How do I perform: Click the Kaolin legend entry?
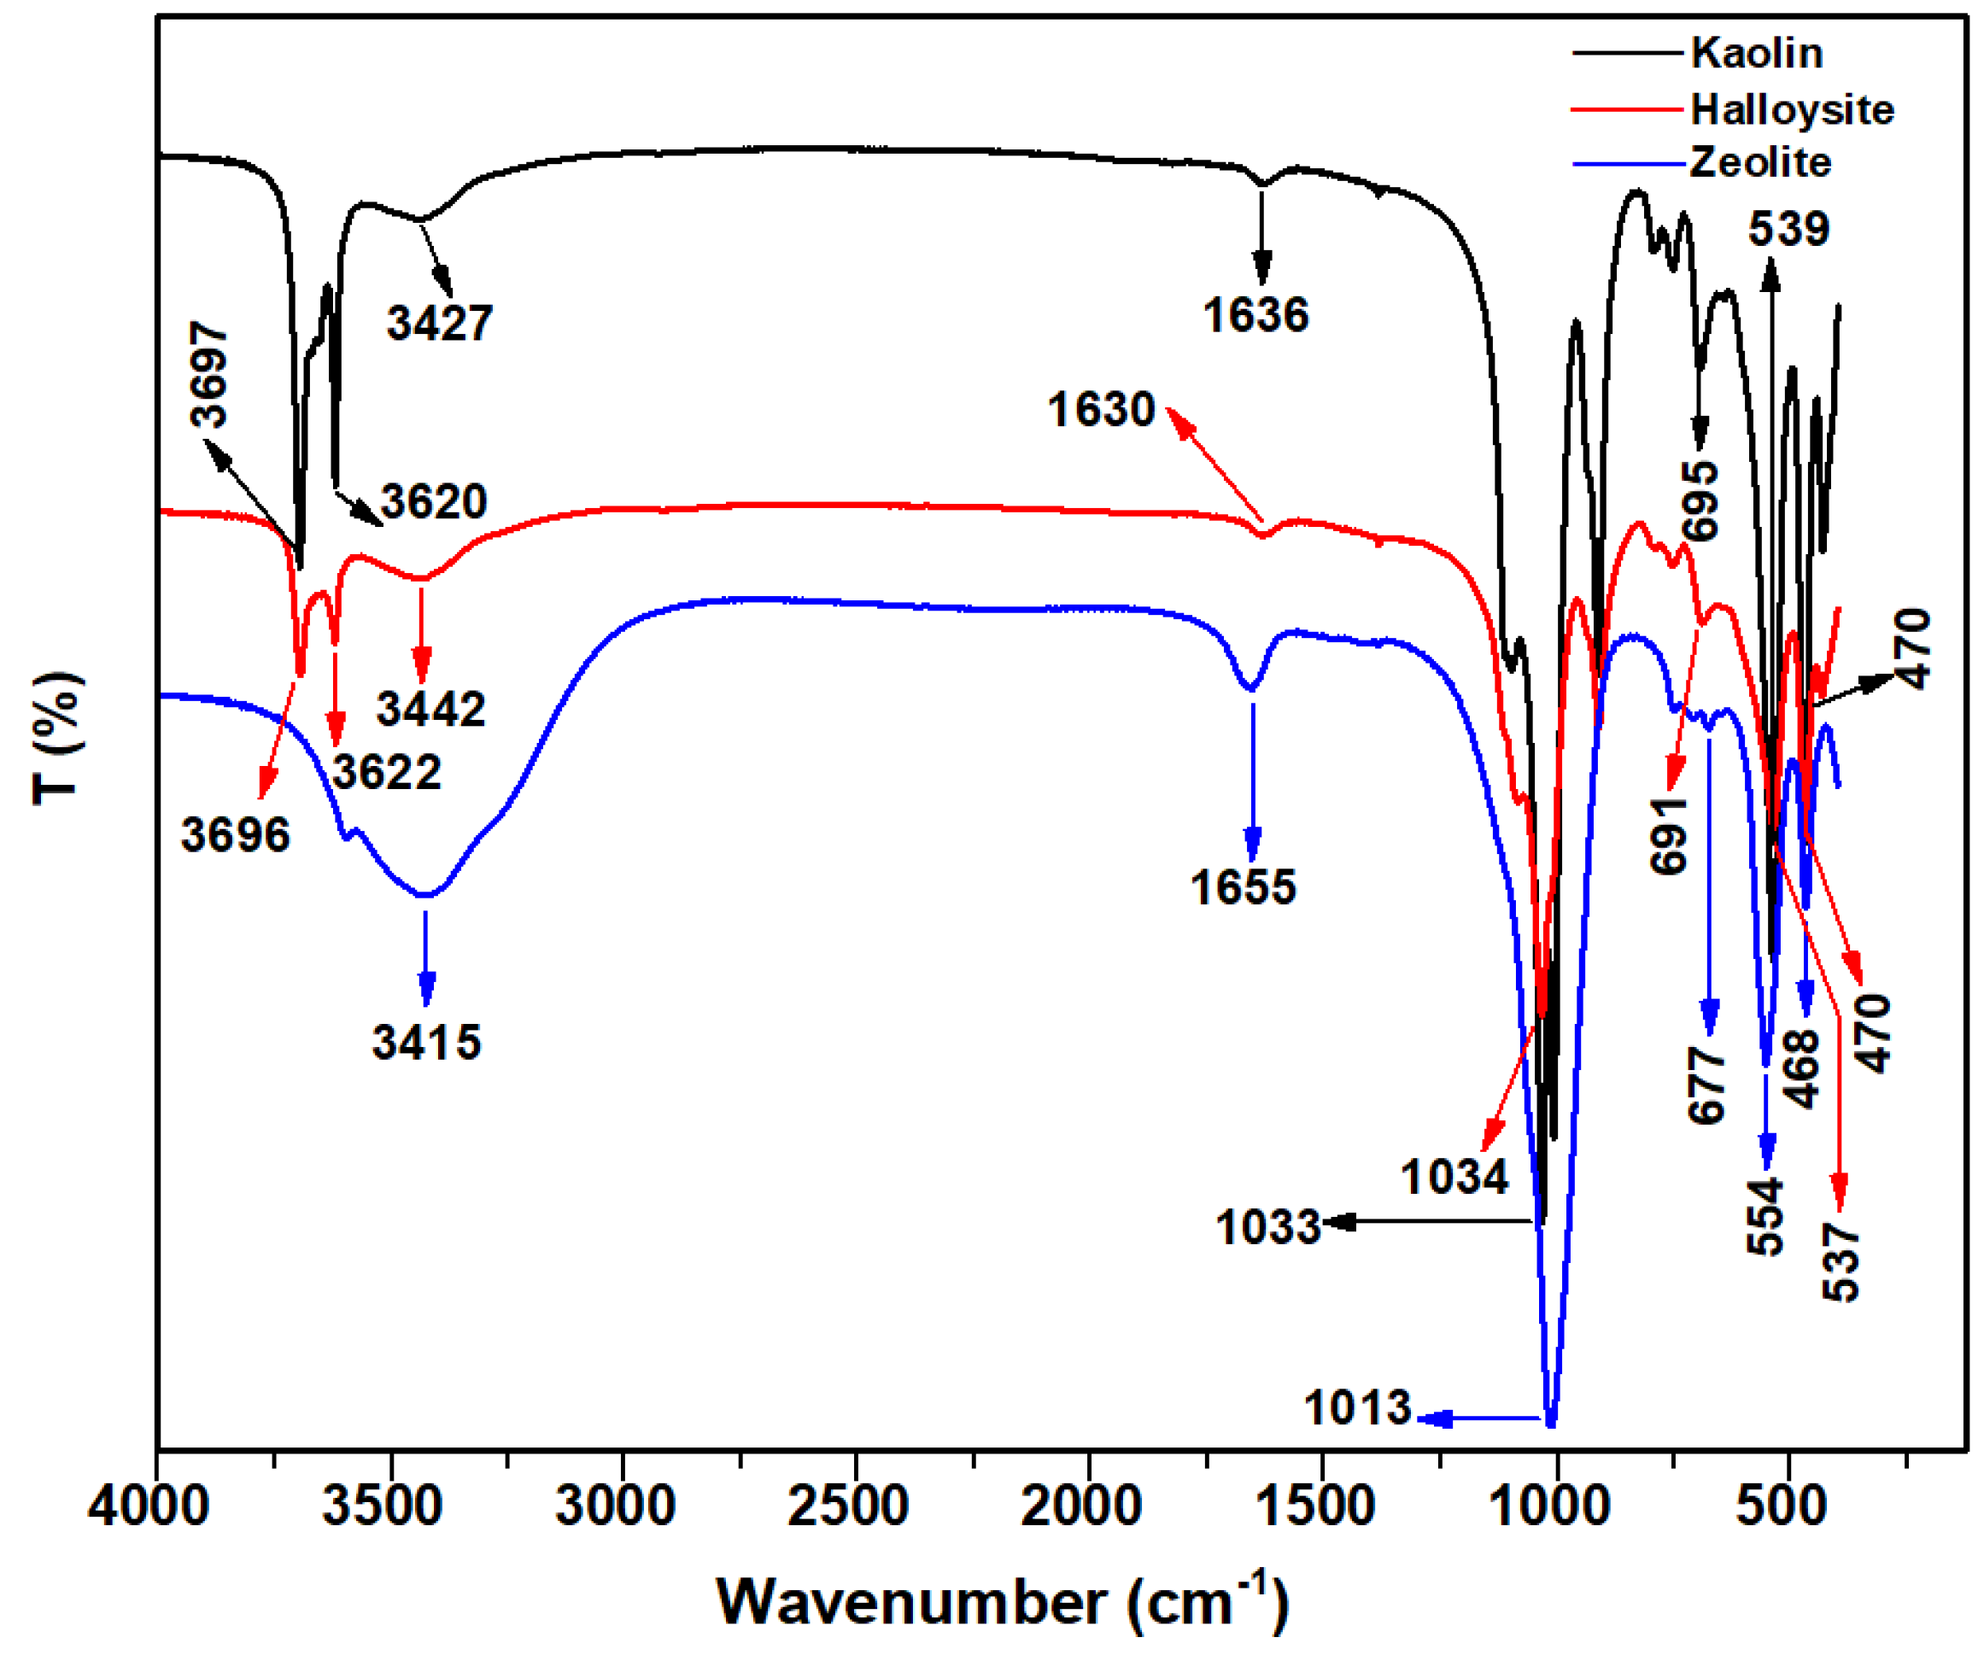[1755, 53]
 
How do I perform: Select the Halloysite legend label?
[1791, 109]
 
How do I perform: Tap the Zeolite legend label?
[1759, 162]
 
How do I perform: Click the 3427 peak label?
[439, 323]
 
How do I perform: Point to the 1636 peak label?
[1255, 314]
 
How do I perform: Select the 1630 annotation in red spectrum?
[1101, 410]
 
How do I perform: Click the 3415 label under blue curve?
[426, 1043]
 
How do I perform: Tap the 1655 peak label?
[1243, 887]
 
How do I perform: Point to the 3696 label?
[235, 835]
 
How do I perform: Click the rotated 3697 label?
[210, 375]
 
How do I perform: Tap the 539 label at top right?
[1788, 229]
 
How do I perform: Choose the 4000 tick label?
[149, 1506]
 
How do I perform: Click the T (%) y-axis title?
[59, 739]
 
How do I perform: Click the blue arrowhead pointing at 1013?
[1437, 1418]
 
